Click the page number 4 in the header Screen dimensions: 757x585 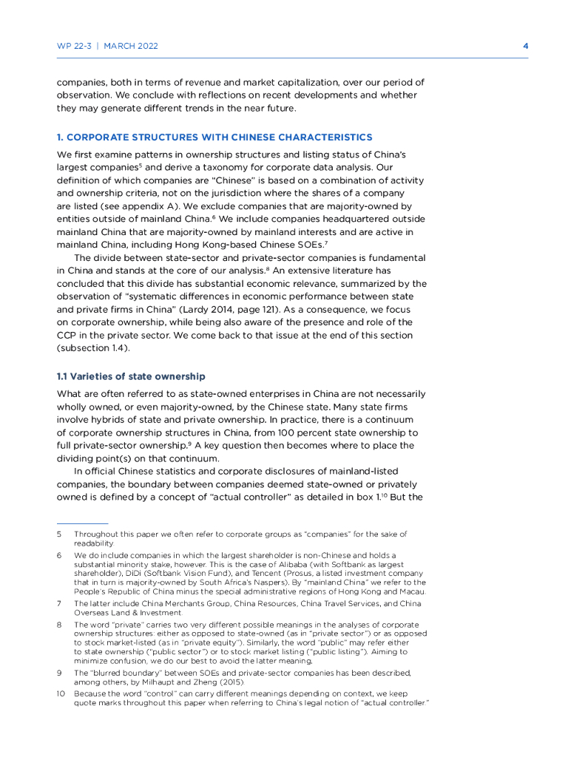tap(525, 46)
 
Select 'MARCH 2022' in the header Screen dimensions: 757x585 tap(131, 46)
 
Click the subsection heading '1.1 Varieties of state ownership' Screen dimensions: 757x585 tap(131, 378)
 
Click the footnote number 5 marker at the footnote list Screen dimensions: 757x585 tap(59, 534)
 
